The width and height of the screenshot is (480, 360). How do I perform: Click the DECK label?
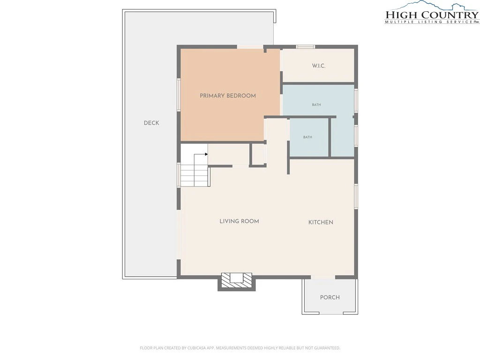click(151, 123)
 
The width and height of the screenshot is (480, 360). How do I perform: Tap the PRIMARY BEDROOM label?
click(228, 96)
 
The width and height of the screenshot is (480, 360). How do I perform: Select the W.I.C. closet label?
click(319, 66)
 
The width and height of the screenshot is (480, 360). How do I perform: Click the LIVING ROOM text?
click(239, 221)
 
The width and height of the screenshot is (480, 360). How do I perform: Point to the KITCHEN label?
click(321, 222)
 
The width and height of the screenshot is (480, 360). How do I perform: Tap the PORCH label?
click(330, 297)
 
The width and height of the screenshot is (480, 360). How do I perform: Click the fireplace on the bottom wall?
click(236, 281)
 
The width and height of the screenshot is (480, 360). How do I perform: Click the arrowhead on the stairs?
click(206, 154)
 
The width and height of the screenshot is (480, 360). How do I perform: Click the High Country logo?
click(432, 12)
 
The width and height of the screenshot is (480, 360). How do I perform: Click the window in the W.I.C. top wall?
click(305, 47)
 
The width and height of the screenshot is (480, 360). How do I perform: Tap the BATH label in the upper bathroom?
click(316, 105)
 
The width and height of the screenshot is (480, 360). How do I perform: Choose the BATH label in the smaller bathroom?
click(307, 137)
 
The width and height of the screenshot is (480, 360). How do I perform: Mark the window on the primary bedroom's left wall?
click(179, 95)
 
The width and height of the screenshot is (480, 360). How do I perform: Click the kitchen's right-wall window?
click(356, 196)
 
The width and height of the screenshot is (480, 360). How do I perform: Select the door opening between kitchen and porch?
click(323, 277)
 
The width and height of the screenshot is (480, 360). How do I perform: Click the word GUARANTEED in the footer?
click(329, 348)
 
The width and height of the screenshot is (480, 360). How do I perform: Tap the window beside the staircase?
click(179, 175)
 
